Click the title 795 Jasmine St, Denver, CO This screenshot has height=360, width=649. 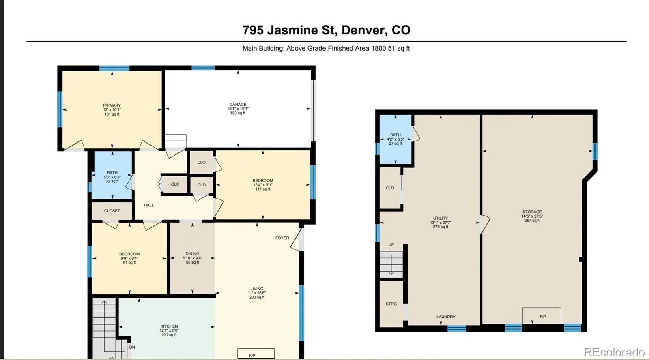point(326,30)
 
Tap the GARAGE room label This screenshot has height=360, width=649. point(238,105)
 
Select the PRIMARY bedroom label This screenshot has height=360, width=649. point(112,105)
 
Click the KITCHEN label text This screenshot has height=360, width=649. point(169,326)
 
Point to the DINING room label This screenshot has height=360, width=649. point(192,254)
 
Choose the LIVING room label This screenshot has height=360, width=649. point(257,289)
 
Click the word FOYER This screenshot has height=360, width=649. point(282,238)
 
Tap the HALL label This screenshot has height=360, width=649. point(149,205)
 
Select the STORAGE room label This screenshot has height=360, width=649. point(532,212)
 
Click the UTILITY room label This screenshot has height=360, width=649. point(441,218)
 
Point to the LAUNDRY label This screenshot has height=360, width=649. point(446,317)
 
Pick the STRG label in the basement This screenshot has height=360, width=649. point(391,304)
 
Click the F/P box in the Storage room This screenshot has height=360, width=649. point(542,316)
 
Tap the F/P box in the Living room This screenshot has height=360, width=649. point(256,354)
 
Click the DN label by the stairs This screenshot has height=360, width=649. point(132,347)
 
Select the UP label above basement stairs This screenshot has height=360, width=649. point(391,244)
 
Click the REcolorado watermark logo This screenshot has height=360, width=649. point(614,352)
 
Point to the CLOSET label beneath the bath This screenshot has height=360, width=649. point(112,211)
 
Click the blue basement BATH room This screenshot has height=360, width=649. point(395,139)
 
